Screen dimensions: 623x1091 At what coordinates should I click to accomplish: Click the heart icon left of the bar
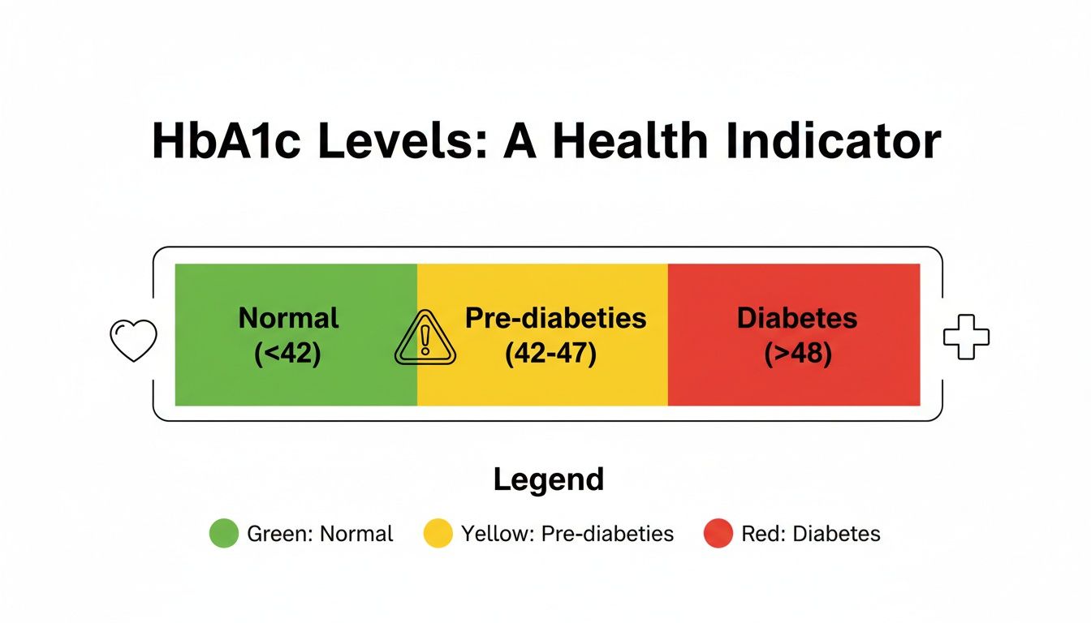point(132,340)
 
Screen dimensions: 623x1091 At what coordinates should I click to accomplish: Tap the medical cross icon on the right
point(966,336)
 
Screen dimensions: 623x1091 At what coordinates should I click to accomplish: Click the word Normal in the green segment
point(289,318)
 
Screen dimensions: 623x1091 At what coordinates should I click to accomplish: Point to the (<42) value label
point(287,354)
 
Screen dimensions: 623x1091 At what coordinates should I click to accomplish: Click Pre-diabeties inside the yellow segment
point(555,318)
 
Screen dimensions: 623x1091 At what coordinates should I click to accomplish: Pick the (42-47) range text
point(550,354)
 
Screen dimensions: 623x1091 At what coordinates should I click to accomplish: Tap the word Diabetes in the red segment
point(796,318)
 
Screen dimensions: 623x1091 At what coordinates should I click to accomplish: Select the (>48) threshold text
point(798,354)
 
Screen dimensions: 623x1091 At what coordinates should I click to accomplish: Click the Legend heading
point(549,479)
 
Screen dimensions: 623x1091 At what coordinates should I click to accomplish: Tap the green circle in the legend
point(224,534)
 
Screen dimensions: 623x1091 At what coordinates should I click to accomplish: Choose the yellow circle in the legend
point(438,534)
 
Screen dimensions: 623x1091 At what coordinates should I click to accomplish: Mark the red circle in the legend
point(718,534)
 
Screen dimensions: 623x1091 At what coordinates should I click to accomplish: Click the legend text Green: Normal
point(320,534)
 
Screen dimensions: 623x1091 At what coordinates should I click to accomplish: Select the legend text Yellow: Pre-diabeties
point(567,534)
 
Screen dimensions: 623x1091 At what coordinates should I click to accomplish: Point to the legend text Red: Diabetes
point(810,534)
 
